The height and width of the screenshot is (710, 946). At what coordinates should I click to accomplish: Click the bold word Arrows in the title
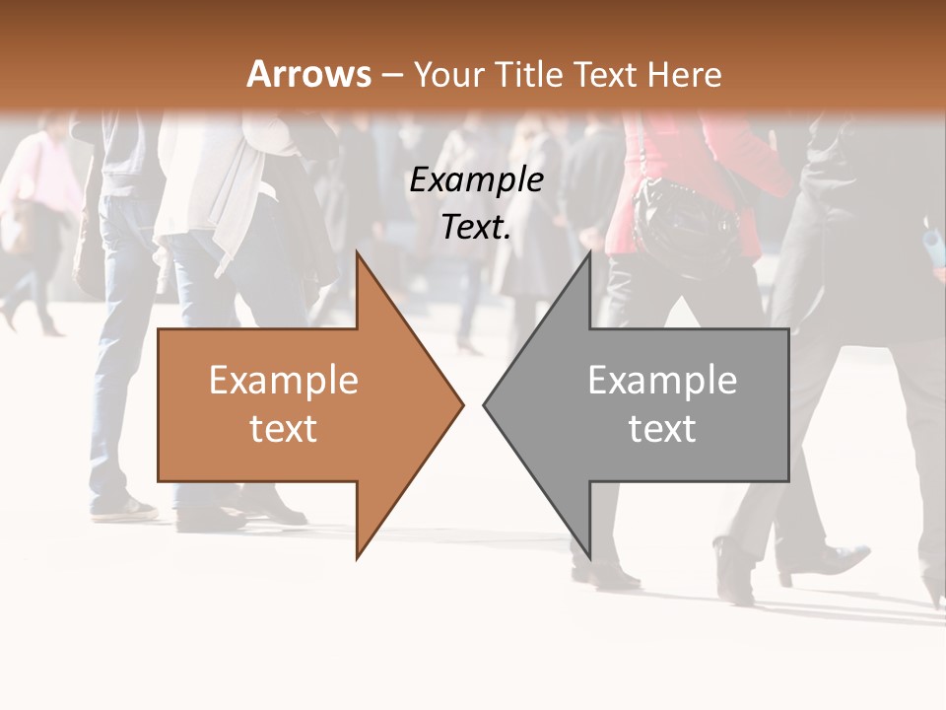click(x=308, y=74)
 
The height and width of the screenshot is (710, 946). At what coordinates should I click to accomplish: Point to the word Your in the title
click(x=448, y=74)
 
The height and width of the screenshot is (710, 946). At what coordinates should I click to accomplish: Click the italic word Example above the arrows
click(x=476, y=180)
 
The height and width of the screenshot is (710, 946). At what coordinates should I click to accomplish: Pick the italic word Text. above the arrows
click(x=476, y=227)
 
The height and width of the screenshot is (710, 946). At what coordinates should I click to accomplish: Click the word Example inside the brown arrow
click(x=283, y=381)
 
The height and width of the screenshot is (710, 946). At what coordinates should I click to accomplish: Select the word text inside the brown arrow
click(x=283, y=429)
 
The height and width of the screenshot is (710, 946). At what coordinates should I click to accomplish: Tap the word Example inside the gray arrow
click(x=662, y=381)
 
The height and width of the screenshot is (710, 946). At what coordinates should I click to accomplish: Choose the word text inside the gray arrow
click(x=662, y=429)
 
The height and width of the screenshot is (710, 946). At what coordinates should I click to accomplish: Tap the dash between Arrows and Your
click(x=391, y=75)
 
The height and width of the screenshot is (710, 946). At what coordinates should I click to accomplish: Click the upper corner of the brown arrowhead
click(x=358, y=253)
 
